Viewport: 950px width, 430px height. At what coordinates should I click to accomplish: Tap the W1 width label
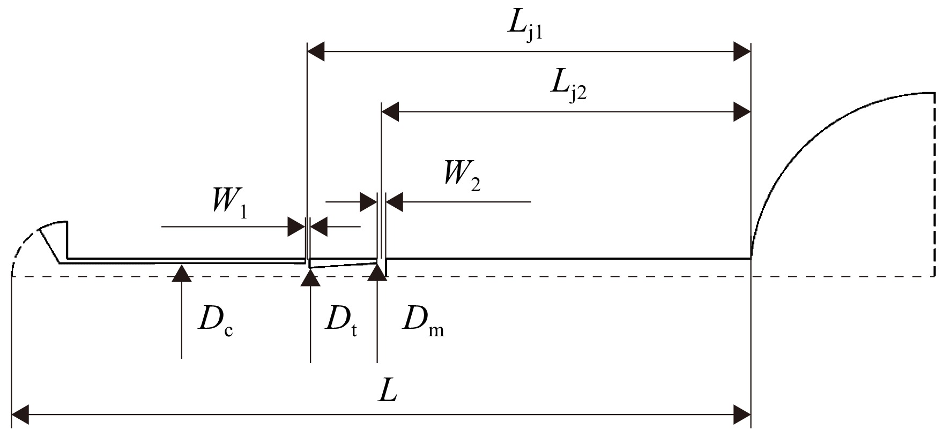pyautogui.click(x=229, y=202)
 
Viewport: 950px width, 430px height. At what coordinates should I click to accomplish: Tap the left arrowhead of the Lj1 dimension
pyautogui.click(x=316, y=52)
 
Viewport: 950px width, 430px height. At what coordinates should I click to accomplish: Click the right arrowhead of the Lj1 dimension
pyautogui.click(x=741, y=52)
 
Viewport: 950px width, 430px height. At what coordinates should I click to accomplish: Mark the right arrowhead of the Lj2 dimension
pyautogui.click(x=741, y=112)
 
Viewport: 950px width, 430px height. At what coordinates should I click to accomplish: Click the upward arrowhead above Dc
pyautogui.click(x=182, y=273)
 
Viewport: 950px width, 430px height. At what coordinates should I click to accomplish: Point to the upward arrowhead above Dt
pyautogui.click(x=310, y=277)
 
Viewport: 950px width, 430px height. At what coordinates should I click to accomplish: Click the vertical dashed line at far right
pyautogui.click(x=934, y=185)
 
